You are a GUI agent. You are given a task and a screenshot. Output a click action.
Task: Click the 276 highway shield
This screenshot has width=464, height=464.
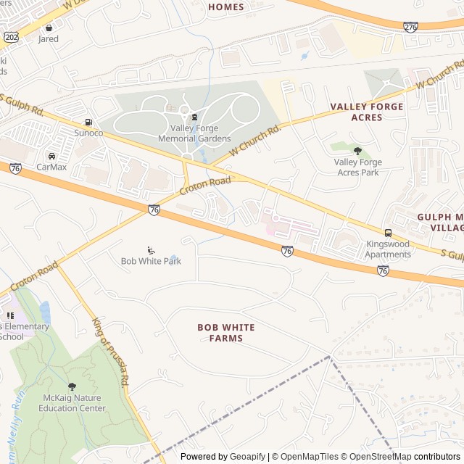pos(410,27)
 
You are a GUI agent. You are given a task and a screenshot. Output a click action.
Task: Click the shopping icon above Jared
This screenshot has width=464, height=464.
pos(49,28)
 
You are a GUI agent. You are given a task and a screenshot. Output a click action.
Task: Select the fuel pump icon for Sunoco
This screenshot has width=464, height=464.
pos(88,122)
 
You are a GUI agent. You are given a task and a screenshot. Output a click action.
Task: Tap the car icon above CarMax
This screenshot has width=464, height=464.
pos(51,156)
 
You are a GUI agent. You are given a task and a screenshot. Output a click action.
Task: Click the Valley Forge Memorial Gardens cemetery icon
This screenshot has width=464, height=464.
pos(194,117)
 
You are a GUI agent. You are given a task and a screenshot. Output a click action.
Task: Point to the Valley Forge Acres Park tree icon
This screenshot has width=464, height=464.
pos(357,151)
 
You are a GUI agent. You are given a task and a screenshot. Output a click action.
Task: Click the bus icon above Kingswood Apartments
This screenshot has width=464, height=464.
pos(389,233)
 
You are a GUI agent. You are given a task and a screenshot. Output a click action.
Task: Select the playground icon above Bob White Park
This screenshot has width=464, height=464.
pos(151,250)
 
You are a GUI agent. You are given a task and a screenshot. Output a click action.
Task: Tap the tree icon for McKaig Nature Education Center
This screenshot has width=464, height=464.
pos(71,386)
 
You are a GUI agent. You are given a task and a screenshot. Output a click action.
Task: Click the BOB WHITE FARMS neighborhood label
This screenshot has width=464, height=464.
pos(226,333)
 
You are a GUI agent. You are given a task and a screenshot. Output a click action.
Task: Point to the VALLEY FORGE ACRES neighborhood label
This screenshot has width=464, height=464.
pos(366,112)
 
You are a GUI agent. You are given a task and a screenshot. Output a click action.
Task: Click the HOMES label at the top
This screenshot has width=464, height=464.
pos(226,7)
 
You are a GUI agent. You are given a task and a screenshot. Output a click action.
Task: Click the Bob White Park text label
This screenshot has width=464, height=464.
pos(151,261)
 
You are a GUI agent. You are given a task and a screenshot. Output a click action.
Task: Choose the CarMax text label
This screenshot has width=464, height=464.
pos(51,167)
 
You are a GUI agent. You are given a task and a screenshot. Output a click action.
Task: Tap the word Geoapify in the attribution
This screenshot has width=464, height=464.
pos(247,457)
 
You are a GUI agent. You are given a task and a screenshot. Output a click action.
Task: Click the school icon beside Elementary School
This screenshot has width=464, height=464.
pos(10,315)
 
